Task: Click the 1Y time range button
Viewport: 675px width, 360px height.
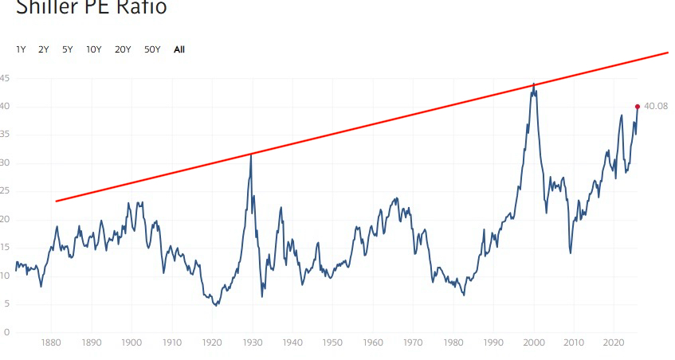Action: click(21, 49)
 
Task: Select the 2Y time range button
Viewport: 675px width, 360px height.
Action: click(44, 49)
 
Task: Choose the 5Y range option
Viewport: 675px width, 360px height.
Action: click(67, 49)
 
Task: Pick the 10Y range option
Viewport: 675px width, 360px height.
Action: click(93, 49)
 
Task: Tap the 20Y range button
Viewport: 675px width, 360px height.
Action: click(123, 49)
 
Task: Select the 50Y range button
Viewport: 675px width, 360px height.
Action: click(152, 49)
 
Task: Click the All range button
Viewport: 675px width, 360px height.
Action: click(179, 49)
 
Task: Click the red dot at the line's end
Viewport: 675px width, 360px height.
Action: click(638, 106)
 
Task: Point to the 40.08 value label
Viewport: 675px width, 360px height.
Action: click(656, 107)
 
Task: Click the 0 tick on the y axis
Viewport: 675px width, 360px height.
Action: click(6, 332)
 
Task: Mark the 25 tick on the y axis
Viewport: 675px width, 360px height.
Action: click(5, 191)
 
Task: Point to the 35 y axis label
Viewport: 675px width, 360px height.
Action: click(5, 135)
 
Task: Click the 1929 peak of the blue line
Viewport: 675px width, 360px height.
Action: click(251, 155)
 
